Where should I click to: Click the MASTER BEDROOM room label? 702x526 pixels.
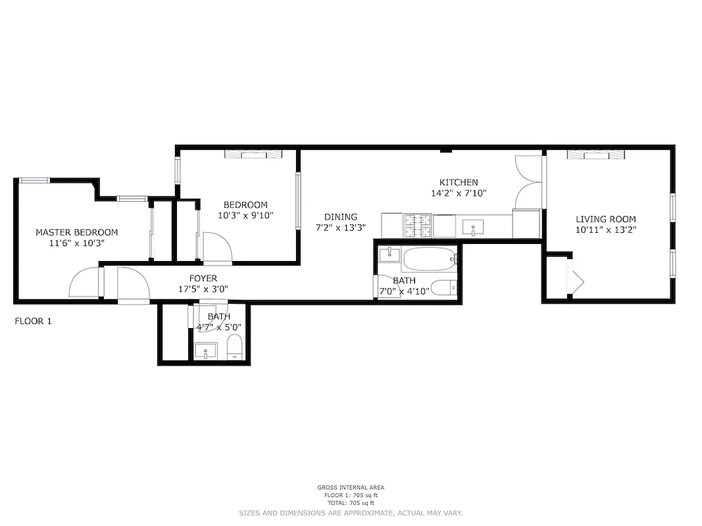pyautogui.click(x=77, y=232)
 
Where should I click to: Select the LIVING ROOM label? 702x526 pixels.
pyautogui.click(x=606, y=219)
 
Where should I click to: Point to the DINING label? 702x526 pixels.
pyautogui.click(x=340, y=217)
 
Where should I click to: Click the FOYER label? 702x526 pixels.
pyautogui.click(x=203, y=279)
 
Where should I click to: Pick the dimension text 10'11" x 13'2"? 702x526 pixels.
pyautogui.click(x=606, y=230)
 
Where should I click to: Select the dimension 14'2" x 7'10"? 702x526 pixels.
pyautogui.click(x=459, y=193)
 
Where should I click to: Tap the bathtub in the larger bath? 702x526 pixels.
pyautogui.click(x=430, y=260)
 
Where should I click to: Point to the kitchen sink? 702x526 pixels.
pyautogui.click(x=474, y=227)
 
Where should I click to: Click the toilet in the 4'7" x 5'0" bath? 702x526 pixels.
pyautogui.click(x=235, y=347)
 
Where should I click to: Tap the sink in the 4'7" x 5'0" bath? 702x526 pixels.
pyautogui.click(x=207, y=352)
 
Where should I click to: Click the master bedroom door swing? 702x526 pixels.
pyautogui.click(x=84, y=284)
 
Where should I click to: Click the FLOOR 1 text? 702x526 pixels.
pyautogui.click(x=33, y=322)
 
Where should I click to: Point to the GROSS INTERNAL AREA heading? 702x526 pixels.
pyautogui.click(x=351, y=487)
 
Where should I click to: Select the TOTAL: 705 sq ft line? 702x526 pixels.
pyautogui.click(x=351, y=502)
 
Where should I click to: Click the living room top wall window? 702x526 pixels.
pyautogui.click(x=595, y=155)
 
